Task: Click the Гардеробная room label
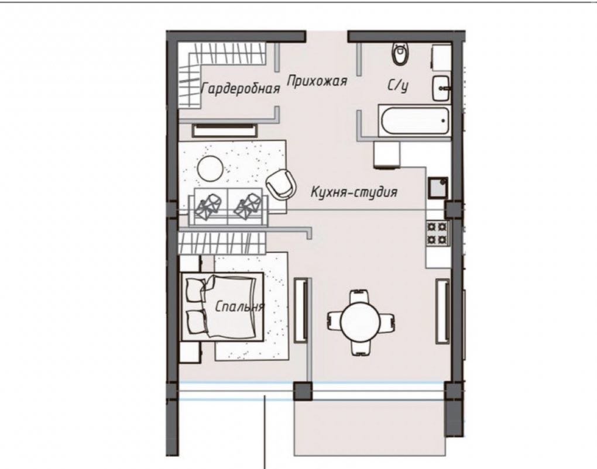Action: [x=240, y=89]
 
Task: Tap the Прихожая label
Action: [x=317, y=81]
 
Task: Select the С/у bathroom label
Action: [x=398, y=85]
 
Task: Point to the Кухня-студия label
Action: [x=354, y=192]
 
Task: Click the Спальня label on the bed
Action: [x=239, y=306]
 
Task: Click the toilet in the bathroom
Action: [x=400, y=54]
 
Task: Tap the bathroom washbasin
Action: [x=441, y=88]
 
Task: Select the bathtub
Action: [x=414, y=120]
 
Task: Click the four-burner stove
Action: [x=438, y=233]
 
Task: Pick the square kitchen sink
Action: [x=438, y=188]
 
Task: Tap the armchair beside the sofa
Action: [x=281, y=184]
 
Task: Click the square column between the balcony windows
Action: [x=303, y=391]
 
